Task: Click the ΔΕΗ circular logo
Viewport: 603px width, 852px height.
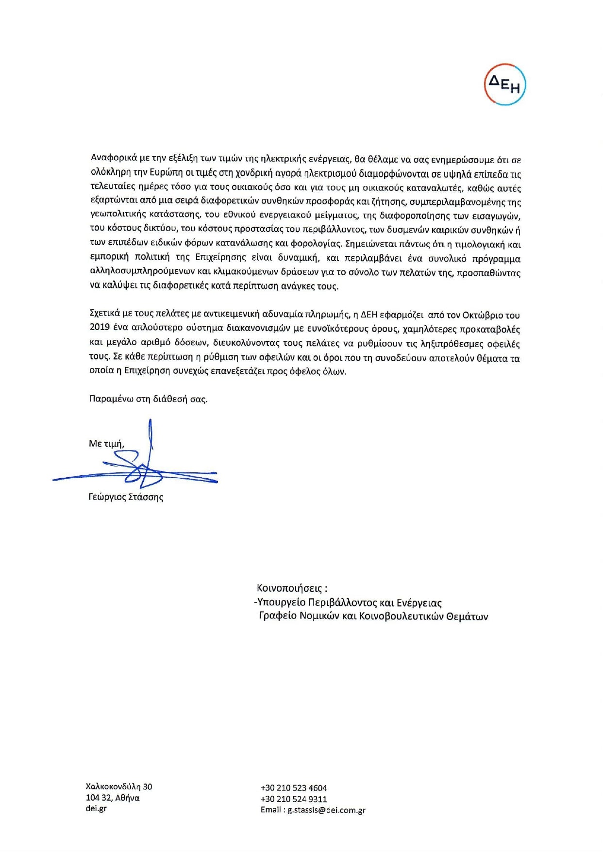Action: pos(505,84)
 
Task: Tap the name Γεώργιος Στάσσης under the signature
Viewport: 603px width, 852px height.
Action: pos(126,497)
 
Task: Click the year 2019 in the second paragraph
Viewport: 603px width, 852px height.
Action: pos(100,327)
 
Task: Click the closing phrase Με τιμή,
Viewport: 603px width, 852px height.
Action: pos(106,443)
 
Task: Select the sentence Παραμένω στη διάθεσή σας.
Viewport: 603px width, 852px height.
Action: pos(148,399)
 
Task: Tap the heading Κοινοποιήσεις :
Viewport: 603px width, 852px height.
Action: pos(292,588)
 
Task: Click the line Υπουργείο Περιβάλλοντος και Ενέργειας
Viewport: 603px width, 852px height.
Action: pos(349,602)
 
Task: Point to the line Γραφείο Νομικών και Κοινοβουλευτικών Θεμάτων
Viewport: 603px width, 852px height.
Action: pos(373,616)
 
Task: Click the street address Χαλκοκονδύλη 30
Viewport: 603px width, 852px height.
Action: pos(119,786)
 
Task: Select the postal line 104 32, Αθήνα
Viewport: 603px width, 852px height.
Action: pos(113,798)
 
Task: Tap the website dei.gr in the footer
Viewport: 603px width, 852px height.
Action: pos(96,808)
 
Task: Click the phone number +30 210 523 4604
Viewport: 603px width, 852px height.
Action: pos(294,788)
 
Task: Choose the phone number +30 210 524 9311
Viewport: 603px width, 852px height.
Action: pos(294,799)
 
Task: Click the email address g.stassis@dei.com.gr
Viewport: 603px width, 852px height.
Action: pos(326,810)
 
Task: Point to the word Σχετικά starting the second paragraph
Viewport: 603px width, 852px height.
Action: pos(105,313)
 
